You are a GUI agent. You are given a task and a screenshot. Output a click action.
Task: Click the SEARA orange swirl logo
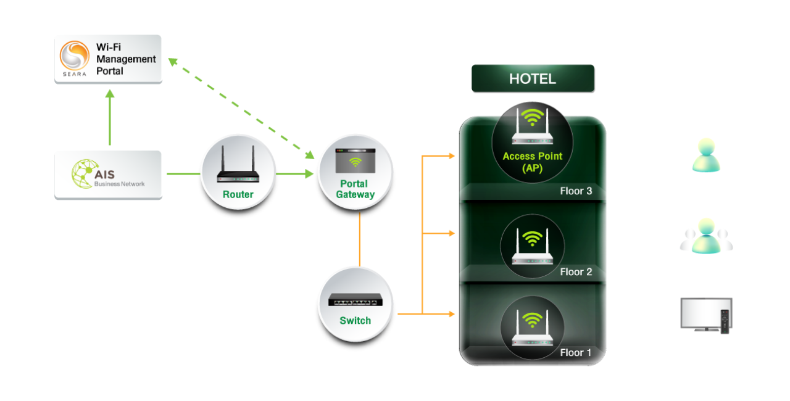75,56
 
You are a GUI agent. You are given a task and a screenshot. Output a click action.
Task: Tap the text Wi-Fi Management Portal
126,59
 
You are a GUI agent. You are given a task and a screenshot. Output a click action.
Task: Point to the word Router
238,194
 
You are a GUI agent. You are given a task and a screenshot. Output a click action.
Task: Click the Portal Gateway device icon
355,161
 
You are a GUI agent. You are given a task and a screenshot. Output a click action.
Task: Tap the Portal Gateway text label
355,189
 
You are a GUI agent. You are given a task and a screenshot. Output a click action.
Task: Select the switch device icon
355,299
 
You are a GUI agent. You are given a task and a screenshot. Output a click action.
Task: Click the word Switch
355,321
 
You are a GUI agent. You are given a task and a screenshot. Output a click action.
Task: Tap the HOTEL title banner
533,79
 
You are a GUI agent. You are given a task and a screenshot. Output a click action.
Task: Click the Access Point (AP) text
532,162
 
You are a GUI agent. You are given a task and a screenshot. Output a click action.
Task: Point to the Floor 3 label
576,191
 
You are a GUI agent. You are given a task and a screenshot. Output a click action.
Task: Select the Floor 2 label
576,272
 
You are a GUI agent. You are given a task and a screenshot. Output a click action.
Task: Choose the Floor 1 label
576,353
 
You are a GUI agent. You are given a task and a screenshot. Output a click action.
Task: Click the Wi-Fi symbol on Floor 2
532,238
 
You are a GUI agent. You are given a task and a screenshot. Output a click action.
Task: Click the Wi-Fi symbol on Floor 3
532,117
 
